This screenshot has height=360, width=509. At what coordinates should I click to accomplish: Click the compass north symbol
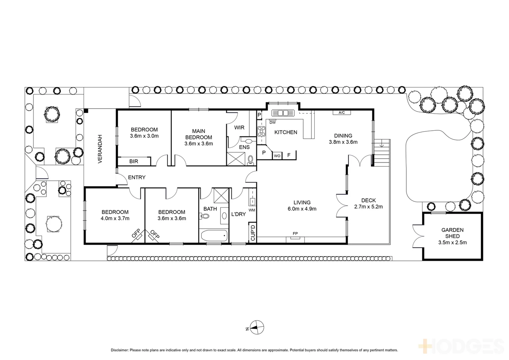[257, 328]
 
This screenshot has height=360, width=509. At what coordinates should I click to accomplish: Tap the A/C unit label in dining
[342, 113]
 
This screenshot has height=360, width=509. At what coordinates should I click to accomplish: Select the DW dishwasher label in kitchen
[272, 122]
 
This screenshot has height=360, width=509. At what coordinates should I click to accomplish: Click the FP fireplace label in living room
[295, 234]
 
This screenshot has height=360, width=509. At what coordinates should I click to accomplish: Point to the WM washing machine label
[252, 210]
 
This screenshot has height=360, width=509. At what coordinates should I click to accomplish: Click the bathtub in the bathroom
[214, 236]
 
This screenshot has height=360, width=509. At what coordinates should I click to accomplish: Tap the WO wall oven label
[277, 156]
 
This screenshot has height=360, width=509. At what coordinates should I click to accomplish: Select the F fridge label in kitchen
[289, 155]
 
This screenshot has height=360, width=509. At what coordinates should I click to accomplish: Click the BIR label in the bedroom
[134, 161]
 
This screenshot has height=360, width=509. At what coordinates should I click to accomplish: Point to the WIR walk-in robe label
[239, 128]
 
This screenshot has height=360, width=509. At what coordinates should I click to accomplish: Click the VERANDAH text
[99, 149]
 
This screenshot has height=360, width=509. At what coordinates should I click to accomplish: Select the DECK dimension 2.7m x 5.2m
[368, 207]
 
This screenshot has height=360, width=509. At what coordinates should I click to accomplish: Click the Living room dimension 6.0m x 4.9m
[302, 209]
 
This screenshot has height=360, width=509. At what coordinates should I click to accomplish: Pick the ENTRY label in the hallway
[137, 177]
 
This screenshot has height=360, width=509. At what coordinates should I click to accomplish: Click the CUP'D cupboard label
[253, 232]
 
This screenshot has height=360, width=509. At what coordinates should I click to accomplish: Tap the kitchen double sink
[283, 113]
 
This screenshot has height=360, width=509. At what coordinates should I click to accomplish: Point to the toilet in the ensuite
[251, 161]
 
